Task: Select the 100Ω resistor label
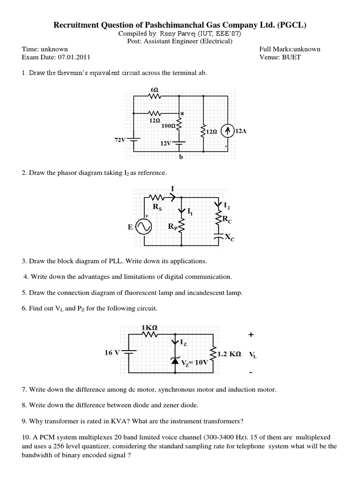click(x=167, y=126)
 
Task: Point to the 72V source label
click(x=120, y=140)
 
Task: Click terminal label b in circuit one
click(x=180, y=157)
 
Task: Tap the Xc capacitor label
click(x=229, y=238)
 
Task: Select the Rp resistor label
click(x=172, y=227)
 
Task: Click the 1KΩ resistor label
click(x=149, y=327)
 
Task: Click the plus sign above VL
click(x=251, y=335)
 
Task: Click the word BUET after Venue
click(x=292, y=57)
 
